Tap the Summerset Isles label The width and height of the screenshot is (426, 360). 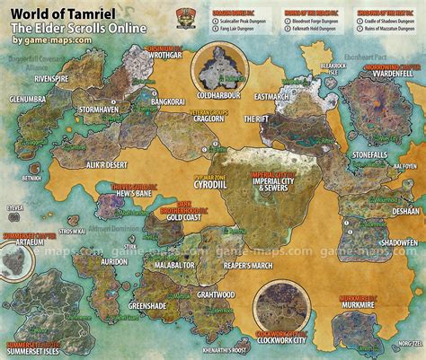click(35, 350)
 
